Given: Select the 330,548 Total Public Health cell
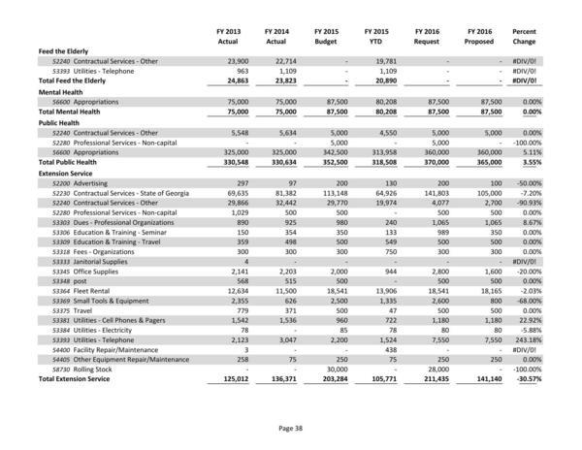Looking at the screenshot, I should tap(231, 162).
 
